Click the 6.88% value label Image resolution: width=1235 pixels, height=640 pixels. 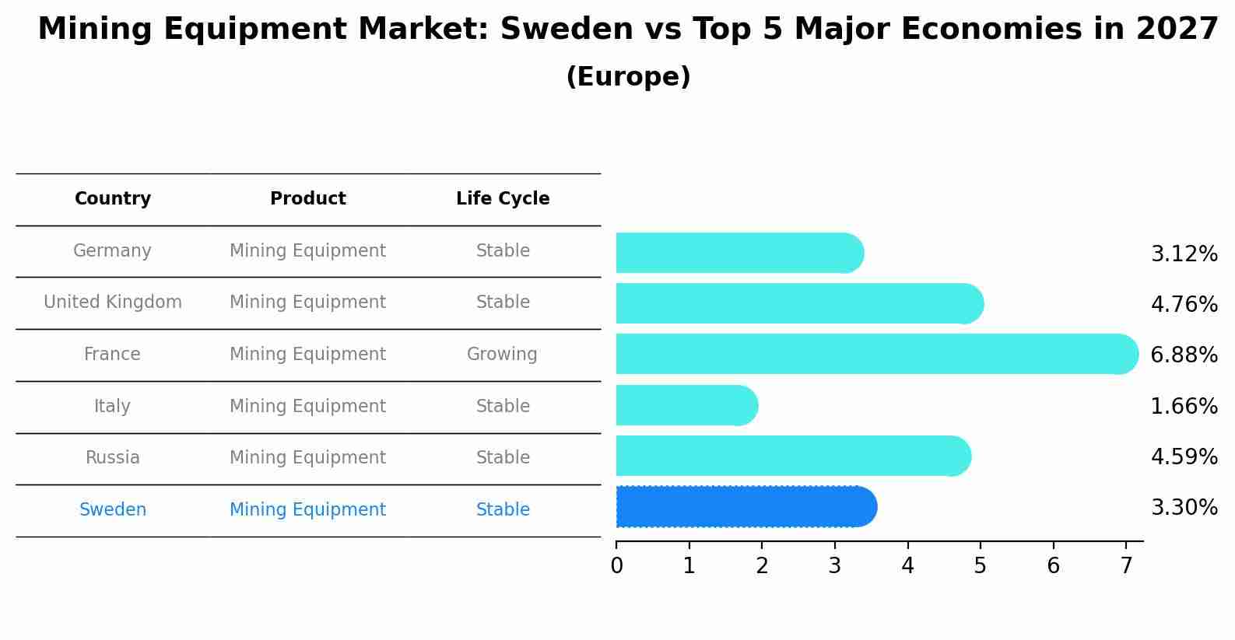coord(1184,355)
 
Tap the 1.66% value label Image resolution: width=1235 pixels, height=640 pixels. coord(1184,407)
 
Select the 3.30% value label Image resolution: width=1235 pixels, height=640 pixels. coord(1184,508)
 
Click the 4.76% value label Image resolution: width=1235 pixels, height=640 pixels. coord(1184,305)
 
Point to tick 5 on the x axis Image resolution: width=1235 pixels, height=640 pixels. coord(981,566)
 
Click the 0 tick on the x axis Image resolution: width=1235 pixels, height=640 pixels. coord(616,566)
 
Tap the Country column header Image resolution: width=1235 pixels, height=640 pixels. coord(113,199)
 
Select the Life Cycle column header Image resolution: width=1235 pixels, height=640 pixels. coord(503,199)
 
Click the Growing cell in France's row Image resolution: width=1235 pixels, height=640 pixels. coord(502,355)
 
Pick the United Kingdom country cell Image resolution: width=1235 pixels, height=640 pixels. coord(113,303)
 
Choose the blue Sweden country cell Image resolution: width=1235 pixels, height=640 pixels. coord(113,510)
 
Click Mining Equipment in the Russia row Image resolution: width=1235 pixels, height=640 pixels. coord(307,458)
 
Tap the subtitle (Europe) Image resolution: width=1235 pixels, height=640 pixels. coord(628,77)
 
